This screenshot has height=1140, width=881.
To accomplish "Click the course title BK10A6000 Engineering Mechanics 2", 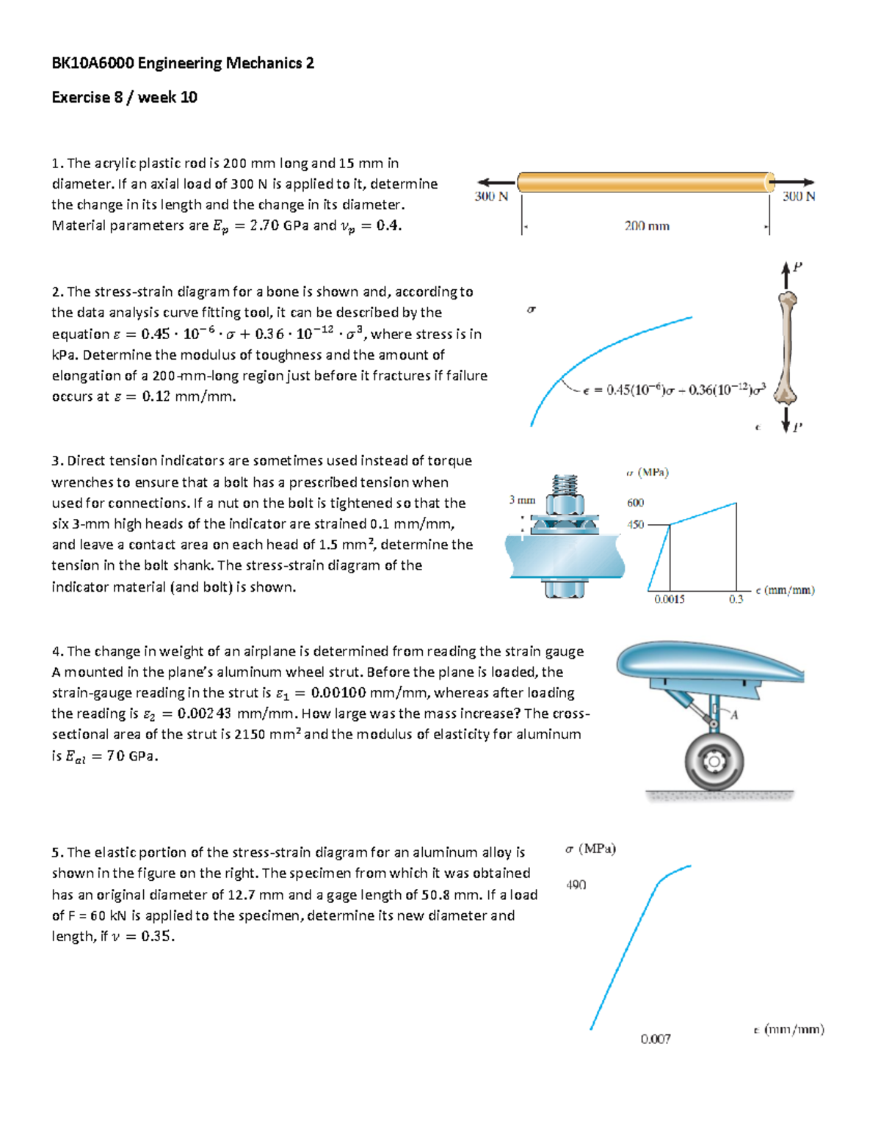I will pyautogui.click(x=183, y=63).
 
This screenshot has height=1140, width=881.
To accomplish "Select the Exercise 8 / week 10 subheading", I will pyautogui.click(x=124, y=97).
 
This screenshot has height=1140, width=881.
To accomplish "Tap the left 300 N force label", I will pyautogui.click(x=491, y=197).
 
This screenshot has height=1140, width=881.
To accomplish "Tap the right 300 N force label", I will pyautogui.click(x=798, y=197).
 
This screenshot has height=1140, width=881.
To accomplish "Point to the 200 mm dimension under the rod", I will pyautogui.click(x=647, y=226).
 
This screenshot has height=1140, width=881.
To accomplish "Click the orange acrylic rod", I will pyautogui.click(x=645, y=182).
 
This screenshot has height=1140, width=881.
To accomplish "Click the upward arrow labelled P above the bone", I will pyautogui.click(x=786, y=275).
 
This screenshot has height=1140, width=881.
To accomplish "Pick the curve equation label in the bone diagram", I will pyautogui.click(x=674, y=391).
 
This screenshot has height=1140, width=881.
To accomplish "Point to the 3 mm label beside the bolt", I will pyautogui.click(x=522, y=500).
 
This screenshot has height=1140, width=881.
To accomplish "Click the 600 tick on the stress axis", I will pyautogui.click(x=635, y=503).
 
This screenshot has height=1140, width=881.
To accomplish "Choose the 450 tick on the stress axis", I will pyautogui.click(x=635, y=525).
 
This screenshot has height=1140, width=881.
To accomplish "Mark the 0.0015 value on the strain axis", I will pyautogui.click(x=669, y=599).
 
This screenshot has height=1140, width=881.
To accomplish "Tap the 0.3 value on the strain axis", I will pyautogui.click(x=736, y=599).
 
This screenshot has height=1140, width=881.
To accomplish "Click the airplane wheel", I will pyautogui.click(x=714, y=761).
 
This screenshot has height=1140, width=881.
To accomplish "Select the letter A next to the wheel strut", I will pyautogui.click(x=733, y=714).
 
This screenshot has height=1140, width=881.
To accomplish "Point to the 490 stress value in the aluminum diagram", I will pyautogui.click(x=576, y=885).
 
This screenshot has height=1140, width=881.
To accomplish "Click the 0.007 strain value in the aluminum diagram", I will pyautogui.click(x=655, y=1039).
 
